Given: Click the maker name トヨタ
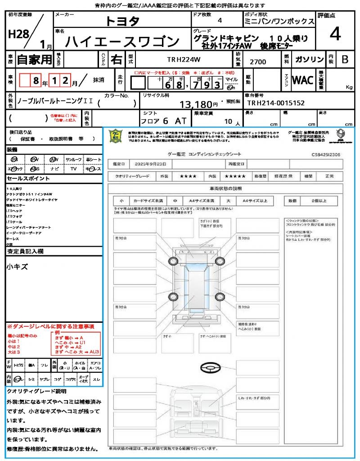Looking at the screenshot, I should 123,21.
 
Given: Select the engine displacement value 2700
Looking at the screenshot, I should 258,61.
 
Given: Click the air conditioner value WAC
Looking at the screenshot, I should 303,80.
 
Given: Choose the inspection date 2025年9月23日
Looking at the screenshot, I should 149,163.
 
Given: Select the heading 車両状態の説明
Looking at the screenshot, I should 225,188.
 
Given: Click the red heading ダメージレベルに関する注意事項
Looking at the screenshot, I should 50,326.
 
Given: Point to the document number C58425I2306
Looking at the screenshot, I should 325,154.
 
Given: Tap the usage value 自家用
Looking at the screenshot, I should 35,59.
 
